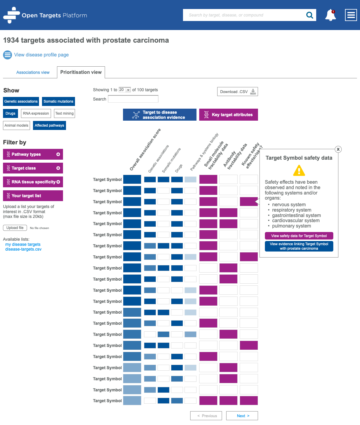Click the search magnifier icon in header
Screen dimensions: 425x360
click(x=310, y=15)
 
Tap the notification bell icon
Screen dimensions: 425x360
click(x=330, y=15)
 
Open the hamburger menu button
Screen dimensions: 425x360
click(x=351, y=15)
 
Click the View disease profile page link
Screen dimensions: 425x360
click(x=41, y=55)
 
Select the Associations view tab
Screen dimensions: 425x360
click(x=33, y=72)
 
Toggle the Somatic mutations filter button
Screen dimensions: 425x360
click(x=58, y=101)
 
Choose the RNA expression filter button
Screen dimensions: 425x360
click(x=36, y=113)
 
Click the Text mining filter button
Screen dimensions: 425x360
click(x=64, y=113)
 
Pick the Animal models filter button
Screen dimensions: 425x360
click(x=16, y=125)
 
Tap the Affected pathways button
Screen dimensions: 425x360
click(x=49, y=125)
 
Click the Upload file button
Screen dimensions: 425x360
click(x=15, y=228)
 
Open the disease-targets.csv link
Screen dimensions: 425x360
click(x=23, y=249)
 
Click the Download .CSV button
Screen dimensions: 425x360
click(x=237, y=92)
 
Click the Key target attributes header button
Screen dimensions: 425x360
click(x=229, y=115)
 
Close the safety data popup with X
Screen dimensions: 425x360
click(x=338, y=149)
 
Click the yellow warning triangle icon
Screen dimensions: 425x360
click(x=299, y=171)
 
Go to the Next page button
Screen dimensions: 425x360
click(x=242, y=416)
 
